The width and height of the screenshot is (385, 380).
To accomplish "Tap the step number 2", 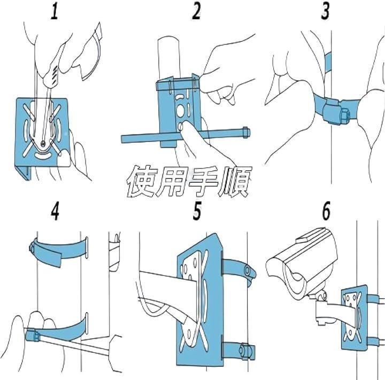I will [196, 12].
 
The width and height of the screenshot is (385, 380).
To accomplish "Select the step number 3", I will [326, 12].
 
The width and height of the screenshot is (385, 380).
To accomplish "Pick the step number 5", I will [197, 212].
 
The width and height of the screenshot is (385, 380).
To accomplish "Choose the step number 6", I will [326, 212].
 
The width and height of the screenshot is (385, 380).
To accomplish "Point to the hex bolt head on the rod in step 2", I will [245, 130].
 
